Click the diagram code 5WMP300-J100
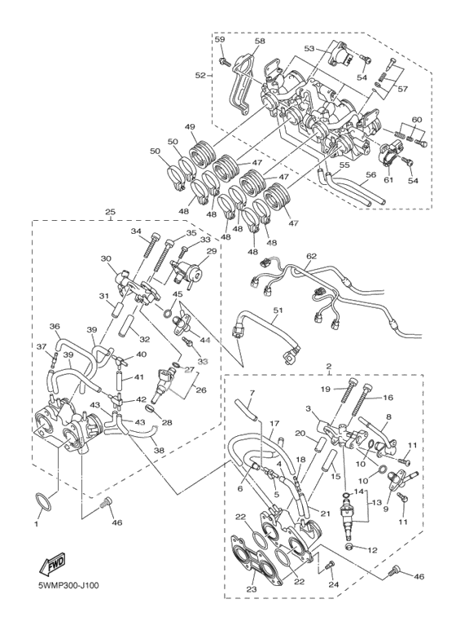[x=66, y=585]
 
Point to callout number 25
[x=110, y=211]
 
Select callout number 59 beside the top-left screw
[x=220, y=39]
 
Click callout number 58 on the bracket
[x=260, y=42]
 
